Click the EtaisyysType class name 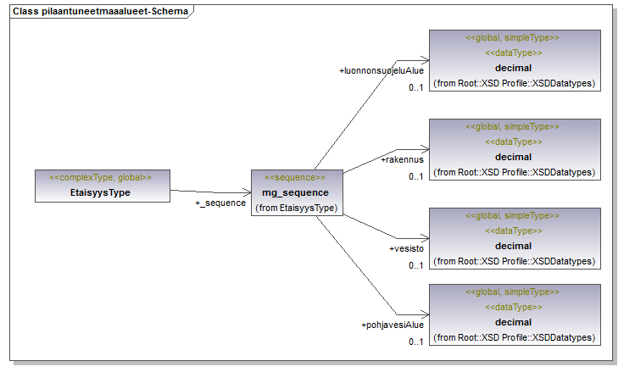point(100,192)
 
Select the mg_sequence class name point(295,192)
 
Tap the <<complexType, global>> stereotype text point(100,177)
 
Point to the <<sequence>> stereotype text point(295,177)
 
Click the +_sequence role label point(220,203)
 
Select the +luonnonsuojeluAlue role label point(382,71)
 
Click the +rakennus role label point(402,160)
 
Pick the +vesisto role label point(407,249)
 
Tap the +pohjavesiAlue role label point(393,325)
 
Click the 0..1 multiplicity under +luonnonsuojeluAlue point(416,87)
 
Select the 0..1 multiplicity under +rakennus point(416,176)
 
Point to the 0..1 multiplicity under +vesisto point(416,265)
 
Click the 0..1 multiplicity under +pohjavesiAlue point(416,342)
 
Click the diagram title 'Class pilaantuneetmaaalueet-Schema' point(100,11)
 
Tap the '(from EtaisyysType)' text point(297,208)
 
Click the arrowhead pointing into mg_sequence point(247,192)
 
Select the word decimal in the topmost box point(513,68)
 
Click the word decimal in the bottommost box point(513,322)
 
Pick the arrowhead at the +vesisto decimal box point(426,238)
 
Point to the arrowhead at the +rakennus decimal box point(426,149)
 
